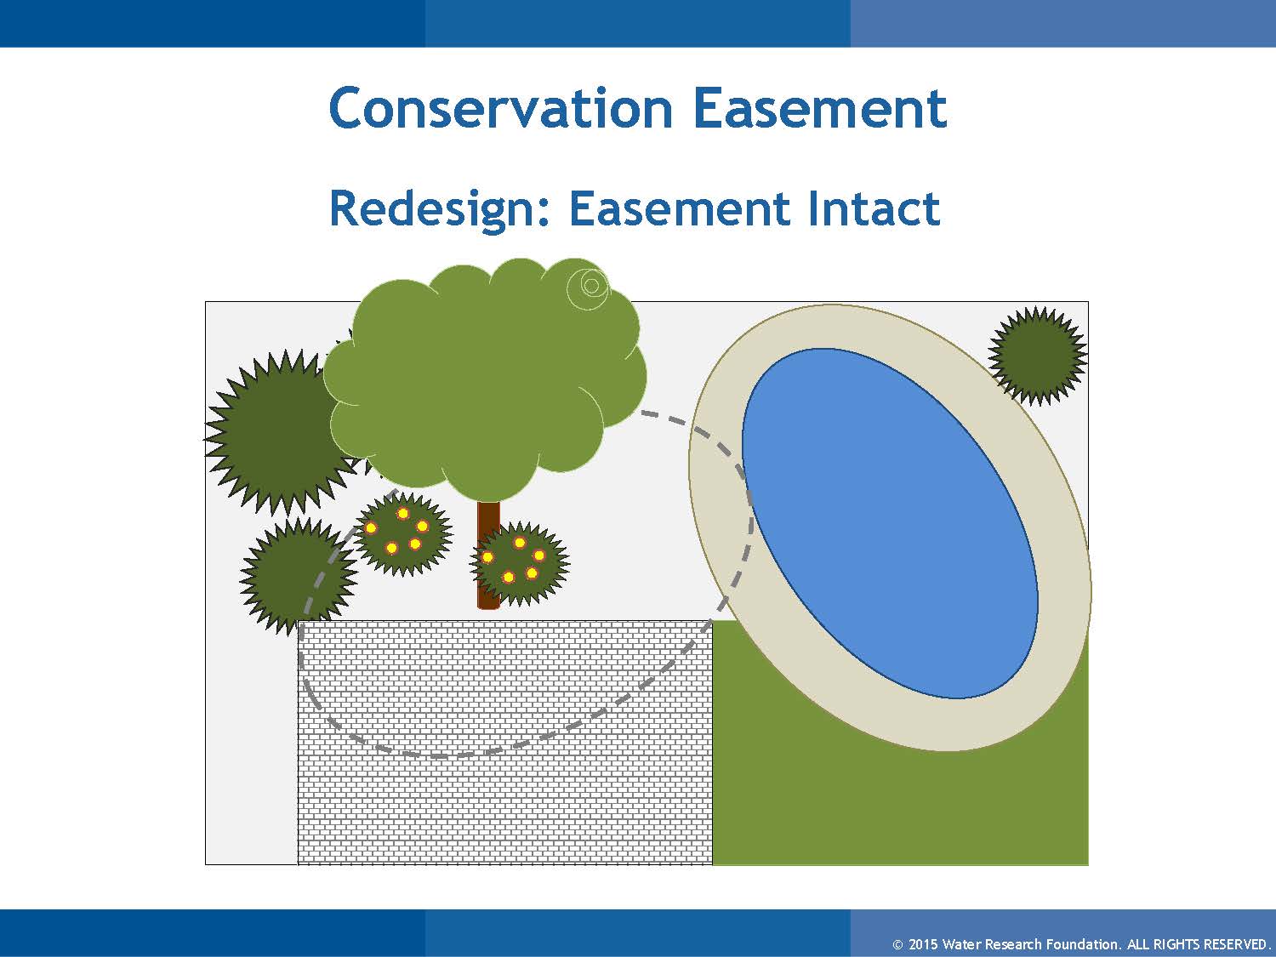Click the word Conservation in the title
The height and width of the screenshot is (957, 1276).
tap(500, 108)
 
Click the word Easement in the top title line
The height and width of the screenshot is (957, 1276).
tap(820, 108)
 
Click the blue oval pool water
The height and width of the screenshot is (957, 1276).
tap(890, 523)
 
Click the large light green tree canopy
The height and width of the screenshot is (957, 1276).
tap(486, 378)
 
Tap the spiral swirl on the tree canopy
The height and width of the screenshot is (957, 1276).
tap(590, 286)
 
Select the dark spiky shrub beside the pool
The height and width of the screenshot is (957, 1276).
tap(1038, 356)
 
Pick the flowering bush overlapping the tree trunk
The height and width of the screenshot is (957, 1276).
tap(519, 562)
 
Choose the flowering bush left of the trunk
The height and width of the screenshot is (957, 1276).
tap(402, 533)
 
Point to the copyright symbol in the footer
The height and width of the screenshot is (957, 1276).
tap(897, 945)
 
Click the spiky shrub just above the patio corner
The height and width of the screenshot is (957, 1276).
tap(299, 575)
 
